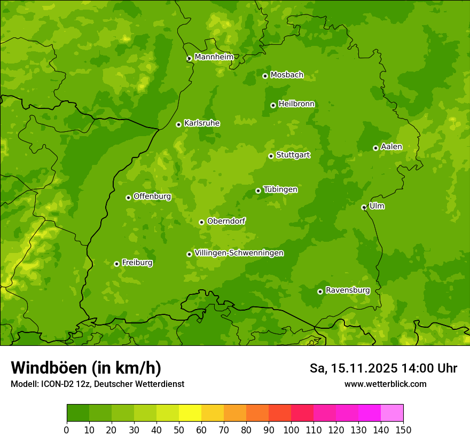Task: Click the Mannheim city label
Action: point(214,57)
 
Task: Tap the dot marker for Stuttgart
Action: point(271,156)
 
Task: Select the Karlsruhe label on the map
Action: point(202,123)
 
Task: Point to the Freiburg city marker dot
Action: point(116,264)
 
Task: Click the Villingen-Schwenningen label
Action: point(239,253)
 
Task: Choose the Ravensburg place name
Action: point(348,290)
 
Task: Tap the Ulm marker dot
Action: point(364,207)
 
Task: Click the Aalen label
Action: point(391,147)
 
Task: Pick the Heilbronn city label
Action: point(296,104)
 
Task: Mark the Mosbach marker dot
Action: point(265,76)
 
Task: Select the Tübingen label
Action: point(280,189)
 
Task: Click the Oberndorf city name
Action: point(226,221)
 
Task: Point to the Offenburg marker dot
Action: point(128,197)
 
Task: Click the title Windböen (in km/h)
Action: point(86,368)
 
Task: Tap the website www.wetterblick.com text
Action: point(385,384)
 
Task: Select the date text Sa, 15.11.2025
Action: point(353,368)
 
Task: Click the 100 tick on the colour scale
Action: point(291,430)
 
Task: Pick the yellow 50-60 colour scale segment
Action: point(190,413)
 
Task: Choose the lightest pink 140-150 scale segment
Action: point(392,413)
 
